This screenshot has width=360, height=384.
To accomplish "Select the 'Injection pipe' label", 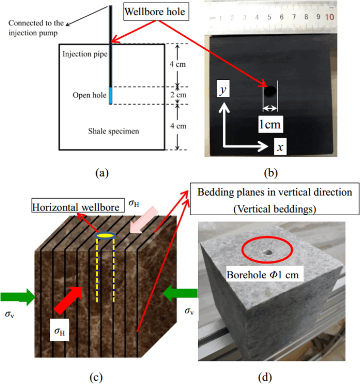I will tap(83, 54).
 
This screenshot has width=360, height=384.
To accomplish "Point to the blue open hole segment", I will tap(111, 96).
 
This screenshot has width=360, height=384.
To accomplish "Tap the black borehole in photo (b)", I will tap(270, 92).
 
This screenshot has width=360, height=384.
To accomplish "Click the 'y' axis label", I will tap(223, 90).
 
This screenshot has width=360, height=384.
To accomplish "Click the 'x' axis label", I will tap(281, 148).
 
